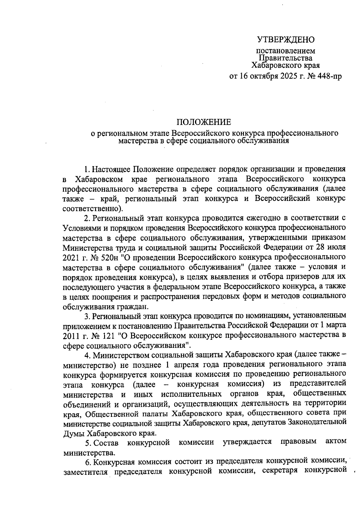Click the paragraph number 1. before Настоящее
pos(87,169)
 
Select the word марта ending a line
pos(335,325)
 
